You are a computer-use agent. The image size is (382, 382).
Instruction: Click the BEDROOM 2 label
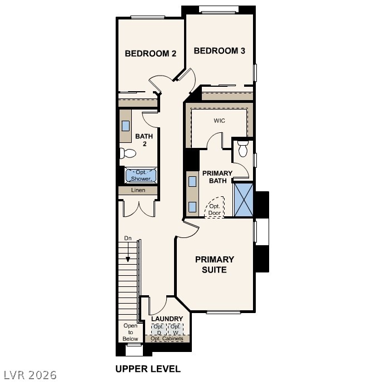point(150,54)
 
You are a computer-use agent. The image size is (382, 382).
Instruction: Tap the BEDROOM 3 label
point(219,51)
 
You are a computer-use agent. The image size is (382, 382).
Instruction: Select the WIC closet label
point(219,121)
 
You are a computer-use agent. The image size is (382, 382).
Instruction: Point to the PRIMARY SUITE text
point(214,264)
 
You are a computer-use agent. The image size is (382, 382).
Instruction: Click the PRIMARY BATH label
point(217,177)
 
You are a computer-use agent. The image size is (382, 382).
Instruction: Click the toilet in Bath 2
point(128,153)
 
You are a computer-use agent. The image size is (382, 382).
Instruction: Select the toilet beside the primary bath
point(243,149)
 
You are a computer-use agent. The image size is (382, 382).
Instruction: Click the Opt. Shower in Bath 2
point(141,176)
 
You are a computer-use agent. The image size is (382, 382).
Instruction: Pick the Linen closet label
point(138,190)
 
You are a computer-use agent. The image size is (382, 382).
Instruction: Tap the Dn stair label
point(128,239)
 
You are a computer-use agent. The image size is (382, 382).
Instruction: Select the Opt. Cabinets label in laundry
point(166,338)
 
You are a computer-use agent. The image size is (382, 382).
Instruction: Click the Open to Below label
point(130,332)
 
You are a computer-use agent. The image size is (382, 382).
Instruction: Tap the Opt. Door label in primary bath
point(214,209)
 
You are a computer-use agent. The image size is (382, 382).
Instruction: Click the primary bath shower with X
point(243,199)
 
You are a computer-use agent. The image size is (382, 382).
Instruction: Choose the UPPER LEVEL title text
point(148,369)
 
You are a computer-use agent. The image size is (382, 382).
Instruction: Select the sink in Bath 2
point(126,126)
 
